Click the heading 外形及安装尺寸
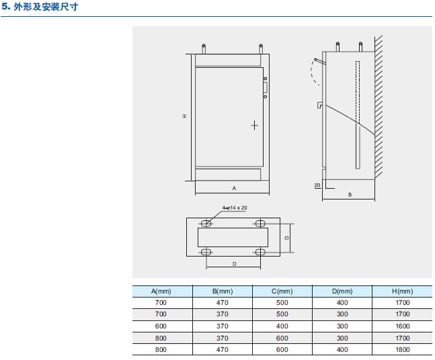46,7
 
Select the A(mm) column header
161,291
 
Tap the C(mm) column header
282,291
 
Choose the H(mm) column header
402,291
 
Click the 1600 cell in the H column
402,326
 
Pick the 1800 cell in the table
402,350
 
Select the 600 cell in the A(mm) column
161,326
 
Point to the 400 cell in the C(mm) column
282,326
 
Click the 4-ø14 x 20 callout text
235,208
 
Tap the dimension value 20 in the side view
317,185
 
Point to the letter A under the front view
234,188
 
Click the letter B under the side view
350,195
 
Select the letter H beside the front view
184,116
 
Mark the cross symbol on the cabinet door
254,126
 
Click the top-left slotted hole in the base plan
206,223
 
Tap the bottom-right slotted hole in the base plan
260,252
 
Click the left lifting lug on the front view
204,49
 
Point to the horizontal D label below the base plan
235,264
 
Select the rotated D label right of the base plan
287,238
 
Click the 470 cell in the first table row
223,303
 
